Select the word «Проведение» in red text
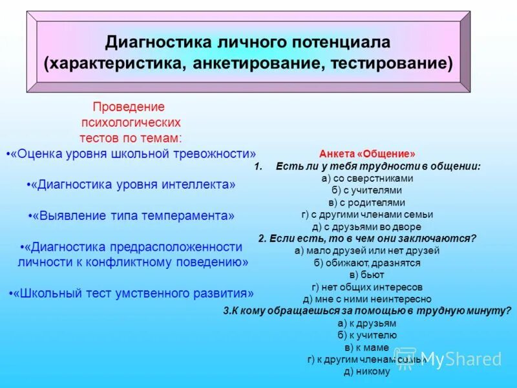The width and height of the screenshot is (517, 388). point(129,107)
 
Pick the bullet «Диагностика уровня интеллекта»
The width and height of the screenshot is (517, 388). point(132,184)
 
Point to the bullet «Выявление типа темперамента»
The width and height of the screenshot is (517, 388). point(132,215)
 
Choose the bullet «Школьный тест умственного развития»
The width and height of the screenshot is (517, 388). point(132,293)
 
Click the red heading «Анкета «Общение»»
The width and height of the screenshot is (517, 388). point(367,155)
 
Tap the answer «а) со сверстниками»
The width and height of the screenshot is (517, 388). point(367,178)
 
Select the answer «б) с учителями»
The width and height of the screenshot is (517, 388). point(367,190)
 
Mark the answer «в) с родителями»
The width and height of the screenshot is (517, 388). point(367,202)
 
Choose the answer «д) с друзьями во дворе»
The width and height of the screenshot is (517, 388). point(367,226)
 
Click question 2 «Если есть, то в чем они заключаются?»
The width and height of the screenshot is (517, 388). point(367,238)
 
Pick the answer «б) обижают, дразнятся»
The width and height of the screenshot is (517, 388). point(367,263)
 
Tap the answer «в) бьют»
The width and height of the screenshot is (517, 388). point(367,275)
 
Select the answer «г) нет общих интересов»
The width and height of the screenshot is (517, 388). point(367,287)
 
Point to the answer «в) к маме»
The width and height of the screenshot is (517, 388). point(367,347)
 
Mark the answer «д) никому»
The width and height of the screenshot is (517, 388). point(367,371)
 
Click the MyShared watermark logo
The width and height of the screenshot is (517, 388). point(452,360)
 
